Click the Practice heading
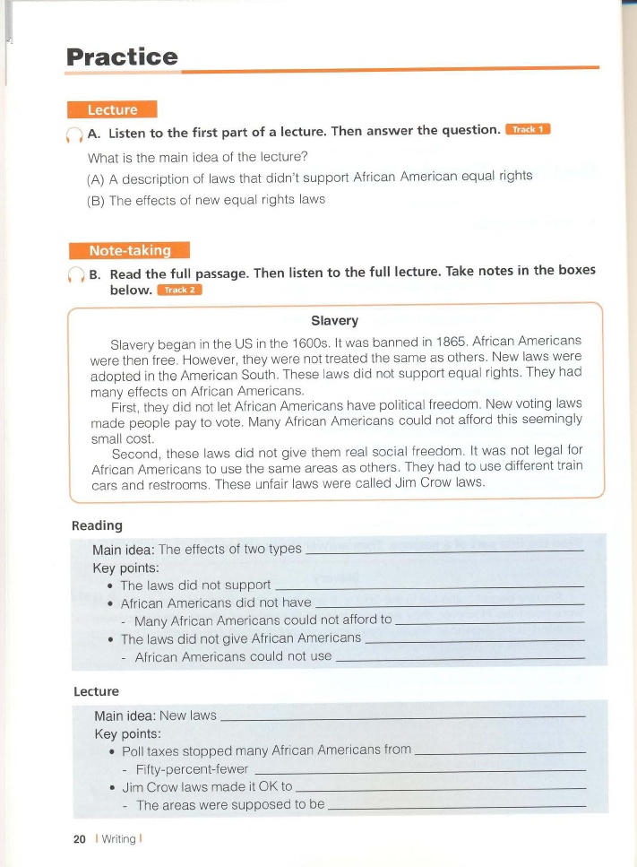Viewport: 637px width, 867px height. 122,57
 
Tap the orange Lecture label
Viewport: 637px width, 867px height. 112,110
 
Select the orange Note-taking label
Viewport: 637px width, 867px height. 129,250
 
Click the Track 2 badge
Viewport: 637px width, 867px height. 179,290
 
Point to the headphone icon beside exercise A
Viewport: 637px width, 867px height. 73,134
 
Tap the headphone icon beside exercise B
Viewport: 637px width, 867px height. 74,274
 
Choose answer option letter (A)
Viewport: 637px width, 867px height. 95,177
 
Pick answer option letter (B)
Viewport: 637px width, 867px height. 95,200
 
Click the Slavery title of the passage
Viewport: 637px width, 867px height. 334,321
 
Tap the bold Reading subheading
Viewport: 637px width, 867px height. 97,525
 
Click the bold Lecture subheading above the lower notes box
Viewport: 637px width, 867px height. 96,691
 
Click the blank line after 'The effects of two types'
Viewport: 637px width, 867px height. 444,549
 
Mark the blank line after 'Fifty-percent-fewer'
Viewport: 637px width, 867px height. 420,770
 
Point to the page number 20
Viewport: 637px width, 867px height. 79,839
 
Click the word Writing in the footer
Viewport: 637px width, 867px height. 118,839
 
